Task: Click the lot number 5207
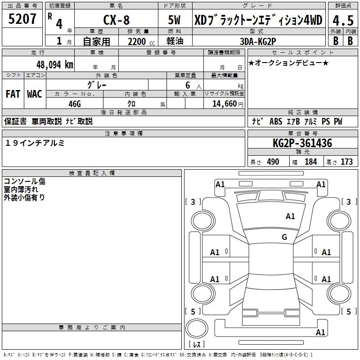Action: click(x=22, y=19)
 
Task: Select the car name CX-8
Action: click(x=116, y=20)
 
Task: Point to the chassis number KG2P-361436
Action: click(x=302, y=144)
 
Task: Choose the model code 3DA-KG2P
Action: click(x=257, y=41)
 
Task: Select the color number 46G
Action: click(x=74, y=103)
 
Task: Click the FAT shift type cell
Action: click(x=13, y=94)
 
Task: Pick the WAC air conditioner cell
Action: click(x=35, y=94)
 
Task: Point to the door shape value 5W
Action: click(x=175, y=20)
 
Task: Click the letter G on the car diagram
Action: click(x=284, y=237)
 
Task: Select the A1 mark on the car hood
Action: click(x=290, y=216)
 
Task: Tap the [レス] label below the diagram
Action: click(x=197, y=345)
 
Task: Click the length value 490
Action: click(x=273, y=162)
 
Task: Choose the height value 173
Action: click(x=346, y=162)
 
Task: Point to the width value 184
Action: click(x=310, y=162)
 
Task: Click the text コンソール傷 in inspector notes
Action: click(x=24, y=181)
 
